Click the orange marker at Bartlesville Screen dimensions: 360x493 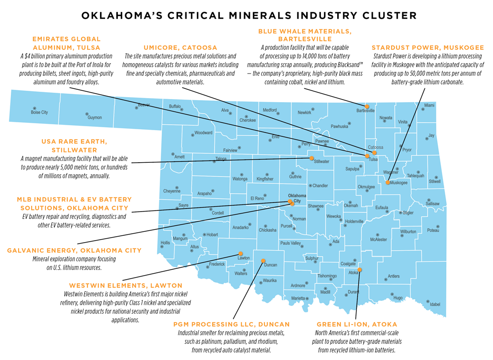tap(367, 106)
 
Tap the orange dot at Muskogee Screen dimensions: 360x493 tap(388, 182)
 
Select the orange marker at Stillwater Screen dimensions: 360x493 tap(312, 158)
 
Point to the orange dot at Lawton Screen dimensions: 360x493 tap(241, 253)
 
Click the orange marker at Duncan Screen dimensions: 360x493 tap(263, 260)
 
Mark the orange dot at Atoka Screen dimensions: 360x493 tap(360, 270)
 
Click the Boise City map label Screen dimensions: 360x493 tap(39, 112)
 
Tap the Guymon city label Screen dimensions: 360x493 tap(95, 117)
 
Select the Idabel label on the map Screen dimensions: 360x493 tap(435, 304)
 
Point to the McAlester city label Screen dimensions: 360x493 tap(379, 239)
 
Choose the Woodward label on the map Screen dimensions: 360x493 tap(203, 133)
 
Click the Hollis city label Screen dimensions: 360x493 tap(165, 243)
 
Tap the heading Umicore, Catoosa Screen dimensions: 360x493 tap(180, 48)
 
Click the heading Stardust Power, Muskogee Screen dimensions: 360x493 tap(428, 48)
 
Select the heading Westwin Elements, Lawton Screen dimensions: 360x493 tap(126, 286)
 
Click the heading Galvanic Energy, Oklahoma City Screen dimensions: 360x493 tap(74, 251)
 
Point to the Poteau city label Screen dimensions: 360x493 tap(433, 230)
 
